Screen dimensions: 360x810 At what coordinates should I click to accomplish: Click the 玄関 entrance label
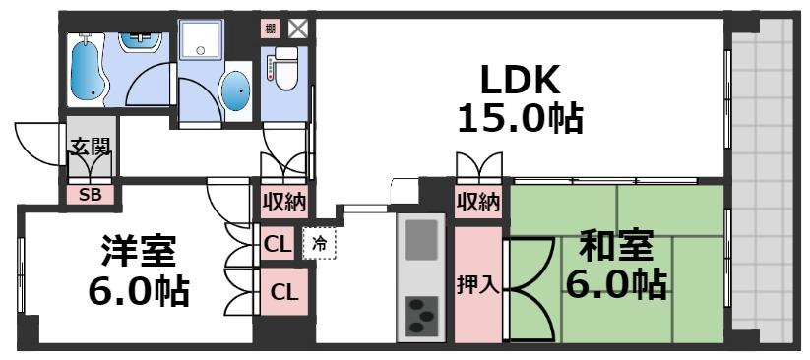90,149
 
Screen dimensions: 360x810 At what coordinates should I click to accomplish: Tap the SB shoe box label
90,194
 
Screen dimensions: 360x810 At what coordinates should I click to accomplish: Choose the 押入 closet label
477,285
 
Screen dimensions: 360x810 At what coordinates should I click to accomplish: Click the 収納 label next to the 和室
478,204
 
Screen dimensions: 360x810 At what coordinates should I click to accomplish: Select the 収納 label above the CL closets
283,204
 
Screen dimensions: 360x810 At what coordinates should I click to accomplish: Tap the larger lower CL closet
283,291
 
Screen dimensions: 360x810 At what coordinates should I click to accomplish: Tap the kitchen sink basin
421,240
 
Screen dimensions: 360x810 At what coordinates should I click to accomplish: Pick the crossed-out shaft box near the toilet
296,29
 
